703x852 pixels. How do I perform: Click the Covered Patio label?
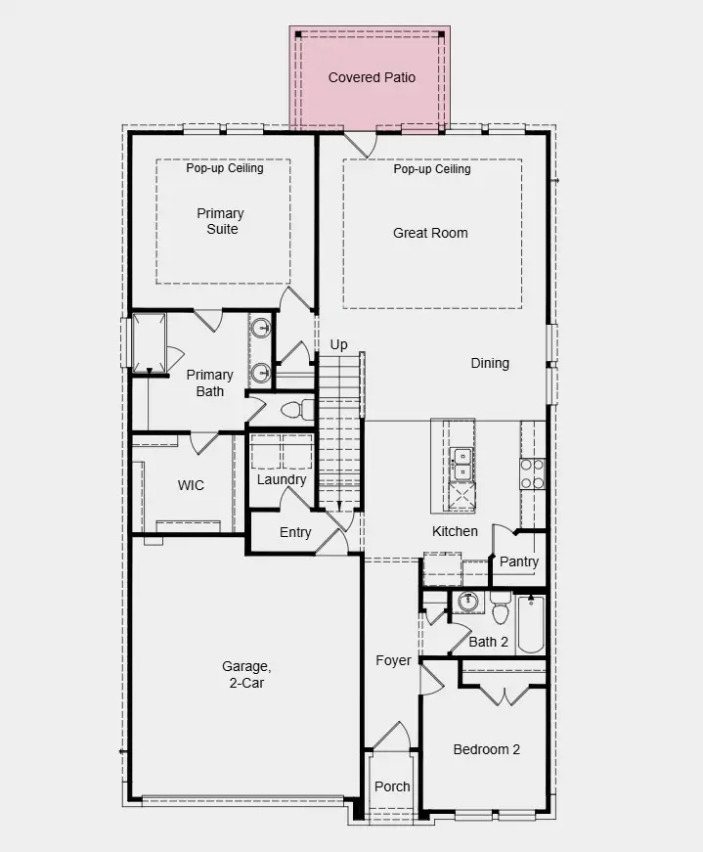[372, 77]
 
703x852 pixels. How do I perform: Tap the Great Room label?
[430, 233]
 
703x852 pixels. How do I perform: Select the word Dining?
[490, 364]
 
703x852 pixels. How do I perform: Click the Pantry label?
[519, 561]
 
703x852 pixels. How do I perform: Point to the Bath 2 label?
[489, 642]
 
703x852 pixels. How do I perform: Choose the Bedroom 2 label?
[486, 750]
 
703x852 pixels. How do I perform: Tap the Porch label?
[392, 786]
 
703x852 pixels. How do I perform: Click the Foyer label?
[393, 660]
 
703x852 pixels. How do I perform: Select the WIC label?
[191, 485]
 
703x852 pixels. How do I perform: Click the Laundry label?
[282, 479]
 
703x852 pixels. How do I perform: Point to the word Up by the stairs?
[338, 345]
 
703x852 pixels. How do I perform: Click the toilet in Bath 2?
[501, 607]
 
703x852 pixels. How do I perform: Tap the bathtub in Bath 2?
[530, 624]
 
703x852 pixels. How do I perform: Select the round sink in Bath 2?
[466, 602]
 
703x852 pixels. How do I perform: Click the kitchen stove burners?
[533, 473]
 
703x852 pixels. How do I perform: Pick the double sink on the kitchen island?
[462, 465]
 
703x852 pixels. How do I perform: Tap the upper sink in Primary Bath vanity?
[261, 328]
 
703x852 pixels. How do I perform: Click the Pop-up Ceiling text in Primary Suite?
[224, 168]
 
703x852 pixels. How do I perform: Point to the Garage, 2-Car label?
[246, 674]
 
